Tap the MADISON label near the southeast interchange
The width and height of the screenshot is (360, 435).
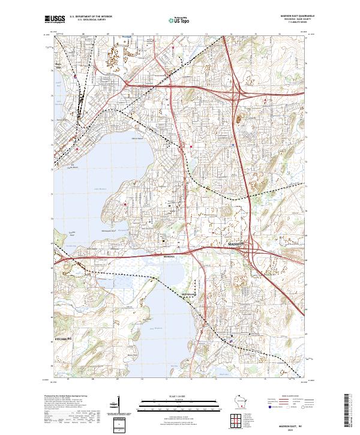click(237, 245)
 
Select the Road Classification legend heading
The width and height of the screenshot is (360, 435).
click(290, 397)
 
